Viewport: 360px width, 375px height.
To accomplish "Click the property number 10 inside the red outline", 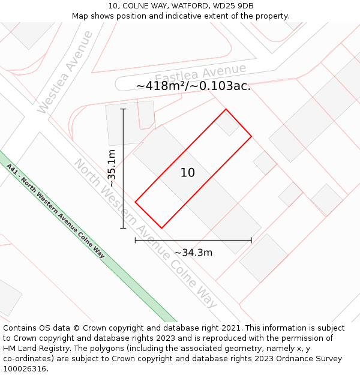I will coord(187,173).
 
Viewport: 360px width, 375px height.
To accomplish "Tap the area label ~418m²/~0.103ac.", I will coord(193,86).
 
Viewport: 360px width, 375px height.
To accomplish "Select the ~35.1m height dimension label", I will coord(112,168).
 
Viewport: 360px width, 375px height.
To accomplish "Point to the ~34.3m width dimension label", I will coord(193,253).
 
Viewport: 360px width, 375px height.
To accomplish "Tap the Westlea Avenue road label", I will coord(65,71).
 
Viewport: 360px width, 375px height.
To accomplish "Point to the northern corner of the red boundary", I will coord(226,109).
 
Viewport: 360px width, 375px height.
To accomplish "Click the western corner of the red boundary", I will coord(135,202).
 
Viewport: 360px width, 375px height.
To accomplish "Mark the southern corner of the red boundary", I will coord(161,228).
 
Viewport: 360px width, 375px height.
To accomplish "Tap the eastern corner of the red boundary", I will coord(251,136).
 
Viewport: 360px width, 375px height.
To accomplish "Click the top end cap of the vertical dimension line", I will coord(124,109).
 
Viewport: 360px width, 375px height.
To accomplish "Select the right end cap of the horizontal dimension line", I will coord(251,240).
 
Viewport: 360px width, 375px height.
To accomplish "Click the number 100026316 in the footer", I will coord(25,369).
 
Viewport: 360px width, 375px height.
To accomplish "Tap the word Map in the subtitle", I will coord(80,16).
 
